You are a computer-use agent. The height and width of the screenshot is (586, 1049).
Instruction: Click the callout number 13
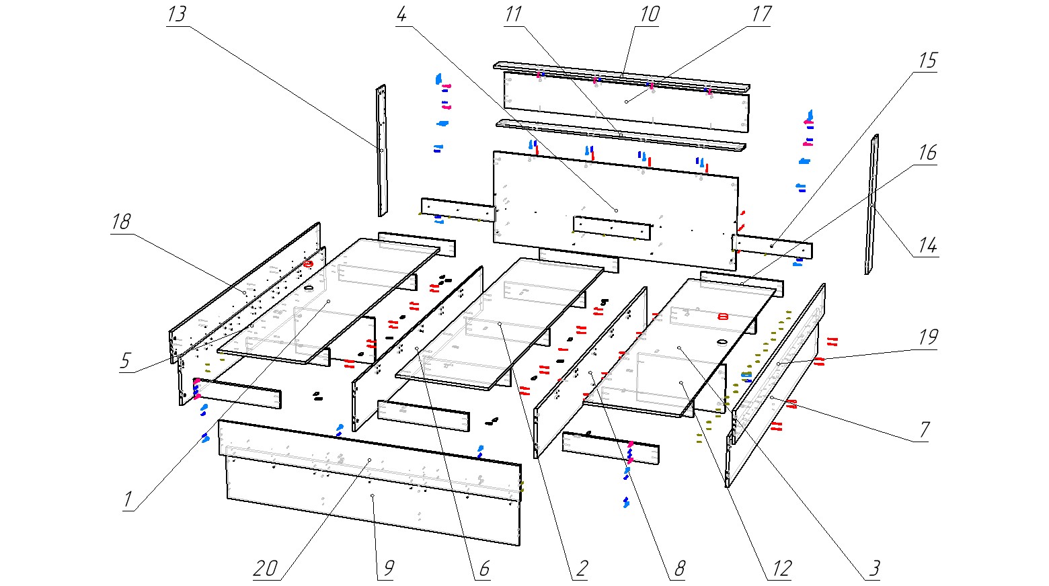point(176,15)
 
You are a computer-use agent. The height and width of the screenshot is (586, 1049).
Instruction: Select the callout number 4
point(401,15)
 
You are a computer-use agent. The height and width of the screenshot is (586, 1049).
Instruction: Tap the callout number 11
point(513,15)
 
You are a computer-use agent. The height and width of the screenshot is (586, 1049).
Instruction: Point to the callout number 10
point(649,14)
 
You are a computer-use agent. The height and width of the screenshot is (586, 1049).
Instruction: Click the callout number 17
point(761,15)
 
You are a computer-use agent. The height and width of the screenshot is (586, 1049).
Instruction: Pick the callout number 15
point(927,60)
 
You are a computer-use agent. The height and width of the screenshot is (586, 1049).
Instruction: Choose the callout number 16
point(927,153)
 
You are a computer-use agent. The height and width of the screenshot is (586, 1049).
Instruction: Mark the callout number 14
point(927,246)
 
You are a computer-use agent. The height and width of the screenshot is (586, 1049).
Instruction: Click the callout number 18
point(121,222)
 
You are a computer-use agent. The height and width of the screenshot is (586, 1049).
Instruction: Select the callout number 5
point(125,361)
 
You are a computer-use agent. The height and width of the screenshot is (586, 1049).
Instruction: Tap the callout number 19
point(928,337)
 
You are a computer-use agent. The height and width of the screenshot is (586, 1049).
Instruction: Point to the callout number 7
point(925,429)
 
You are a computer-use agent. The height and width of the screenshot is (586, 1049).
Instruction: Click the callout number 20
point(266,569)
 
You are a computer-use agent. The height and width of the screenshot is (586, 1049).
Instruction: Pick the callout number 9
point(387,569)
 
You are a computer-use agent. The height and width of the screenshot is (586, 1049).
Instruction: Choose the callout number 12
point(781,569)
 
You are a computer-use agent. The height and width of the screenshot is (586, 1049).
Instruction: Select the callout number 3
point(873,569)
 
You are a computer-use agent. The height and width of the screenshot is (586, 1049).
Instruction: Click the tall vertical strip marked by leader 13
point(381,151)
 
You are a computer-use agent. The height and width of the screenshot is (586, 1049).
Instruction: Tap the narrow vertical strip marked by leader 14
point(872,205)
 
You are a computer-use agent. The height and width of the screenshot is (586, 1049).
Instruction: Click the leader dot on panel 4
point(616,210)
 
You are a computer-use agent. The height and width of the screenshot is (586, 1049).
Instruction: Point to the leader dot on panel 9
point(372,495)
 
